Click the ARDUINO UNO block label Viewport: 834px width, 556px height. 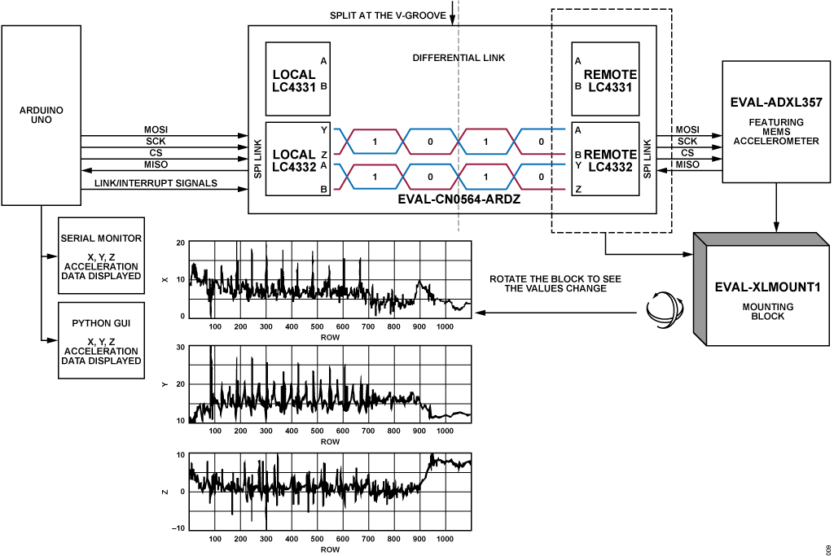pyautogui.click(x=42, y=115)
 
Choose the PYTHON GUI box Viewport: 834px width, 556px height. pyautogui.click(x=101, y=339)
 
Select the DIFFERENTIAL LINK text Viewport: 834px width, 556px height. pyautogui.click(x=459, y=59)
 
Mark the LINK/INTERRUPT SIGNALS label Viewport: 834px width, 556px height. pyautogui.click(x=156, y=183)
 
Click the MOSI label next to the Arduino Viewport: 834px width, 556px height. pyautogui.click(x=156, y=129)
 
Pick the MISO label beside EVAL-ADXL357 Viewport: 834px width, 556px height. pyautogui.click(x=687, y=164)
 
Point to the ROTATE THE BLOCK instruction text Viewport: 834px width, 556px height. pyautogui.click(x=555, y=283)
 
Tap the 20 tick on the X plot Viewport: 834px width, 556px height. pyautogui.click(x=181, y=243)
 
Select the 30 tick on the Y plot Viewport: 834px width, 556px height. pyautogui.click(x=181, y=348)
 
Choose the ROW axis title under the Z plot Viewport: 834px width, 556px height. pyautogui.click(x=330, y=549)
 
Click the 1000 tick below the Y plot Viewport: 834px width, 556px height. pyautogui.click(x=445, y=431)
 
